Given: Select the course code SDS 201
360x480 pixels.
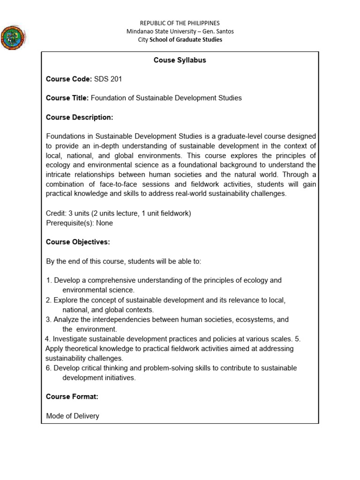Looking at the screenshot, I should [x=108, y=79].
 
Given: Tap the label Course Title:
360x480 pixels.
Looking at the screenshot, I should [x=67, y=98].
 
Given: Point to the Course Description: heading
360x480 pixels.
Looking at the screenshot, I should [x=79, y=117].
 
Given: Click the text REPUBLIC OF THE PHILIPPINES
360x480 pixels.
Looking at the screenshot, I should [x=180, y=23].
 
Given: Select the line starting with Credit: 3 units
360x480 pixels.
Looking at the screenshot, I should [x=119, y=213].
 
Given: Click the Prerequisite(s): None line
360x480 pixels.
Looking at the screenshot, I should [x=79, y=223].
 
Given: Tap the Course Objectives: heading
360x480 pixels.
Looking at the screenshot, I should [x=78, y=242].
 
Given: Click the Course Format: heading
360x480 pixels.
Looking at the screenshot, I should [x=72, y=397].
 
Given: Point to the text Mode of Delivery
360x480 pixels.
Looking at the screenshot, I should [x=73, y=416].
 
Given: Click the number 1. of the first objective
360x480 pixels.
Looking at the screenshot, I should [x=49, y=280].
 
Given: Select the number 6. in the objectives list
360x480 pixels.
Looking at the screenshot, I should [x=49, y=368].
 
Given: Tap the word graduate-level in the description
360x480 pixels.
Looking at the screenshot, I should [x=239, y=136].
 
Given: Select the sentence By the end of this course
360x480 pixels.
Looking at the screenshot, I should [x=124, y=261].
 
